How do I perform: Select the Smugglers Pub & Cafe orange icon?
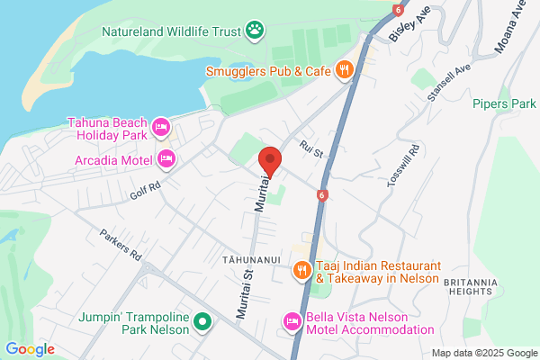(344, 69)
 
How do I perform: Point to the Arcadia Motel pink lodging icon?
(166, 159)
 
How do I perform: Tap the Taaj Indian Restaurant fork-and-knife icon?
(302, 268)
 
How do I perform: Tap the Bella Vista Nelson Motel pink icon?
(292, 321)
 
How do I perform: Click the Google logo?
(30, 349)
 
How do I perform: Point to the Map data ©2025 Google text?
(483, 352)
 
